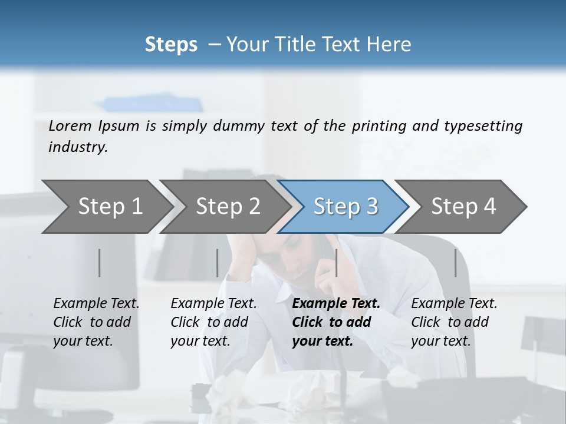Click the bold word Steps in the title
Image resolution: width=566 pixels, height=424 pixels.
pyautogui.click(x=171, y=45)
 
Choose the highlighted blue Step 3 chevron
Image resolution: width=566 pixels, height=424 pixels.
pyautogui.click(x=345, y=207)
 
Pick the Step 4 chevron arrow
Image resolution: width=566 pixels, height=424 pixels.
pyautogui.click(x=463, y=207)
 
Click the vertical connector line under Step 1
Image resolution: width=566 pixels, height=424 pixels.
pyautogui.click(x=100, y=263)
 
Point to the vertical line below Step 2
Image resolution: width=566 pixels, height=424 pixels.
pyautogui.click(x=218, y=263)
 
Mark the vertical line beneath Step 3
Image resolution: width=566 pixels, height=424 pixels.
pyautogui.click(x=336, y=263)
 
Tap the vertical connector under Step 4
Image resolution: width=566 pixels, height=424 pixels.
pyautogui.click(x=456, y=263)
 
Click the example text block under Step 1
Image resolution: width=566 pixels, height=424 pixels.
pyautogui.click(x=96, y=322)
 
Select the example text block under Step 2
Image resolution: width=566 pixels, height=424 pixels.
pyautogui.click(x=213, y=322)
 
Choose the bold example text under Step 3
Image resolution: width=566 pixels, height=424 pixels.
pyautogui.click(x=336, y=322)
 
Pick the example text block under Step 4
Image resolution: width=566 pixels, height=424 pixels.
pyautogui.click(x=454, y=322)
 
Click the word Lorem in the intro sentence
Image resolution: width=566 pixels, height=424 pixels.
pyautogui.click(x=70, y=126)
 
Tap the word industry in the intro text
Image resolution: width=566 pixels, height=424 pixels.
pyautogui.click(x=78, y=147)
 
